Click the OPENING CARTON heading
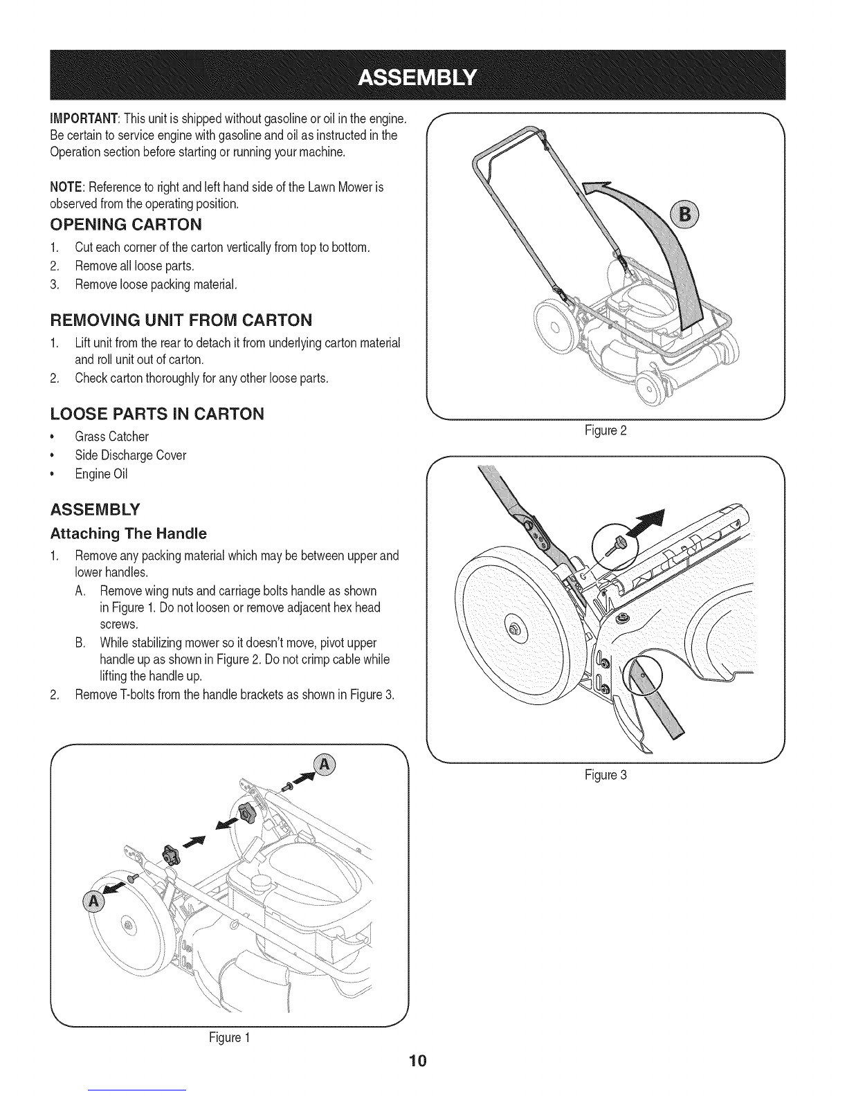pyautogui.click(x=126, y=224)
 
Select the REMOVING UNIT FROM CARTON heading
pyautogui.click(x=181, y=320)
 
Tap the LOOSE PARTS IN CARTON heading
pyautogui.click(x=157, y=414)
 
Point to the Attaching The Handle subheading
pyautogui.click(x=128, y=533)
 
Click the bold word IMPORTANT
pyautogui.click(x=84, y=119)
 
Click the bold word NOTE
pyautogui.click(x=66, y=188)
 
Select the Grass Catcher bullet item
pyautogui.click(x=111, y=437)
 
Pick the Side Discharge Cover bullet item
pyautogui.click(x=131, y=455)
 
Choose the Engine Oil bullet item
pyautogui.click(x=102, y=474)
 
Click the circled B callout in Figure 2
pyautogui.click(x=684, y=215)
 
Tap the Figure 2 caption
pyautogui.click(x=605, y=431)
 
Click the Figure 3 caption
pyautogui.click(x=605, y=775)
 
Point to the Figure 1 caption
pyautogui.click(x=230, y=1038)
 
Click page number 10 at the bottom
pyautogui.click(x=418, y=1061)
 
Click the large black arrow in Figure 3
pyautogui.click(x=645, y=523)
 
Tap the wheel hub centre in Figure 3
pyautogui.click(x=513, y=628)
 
